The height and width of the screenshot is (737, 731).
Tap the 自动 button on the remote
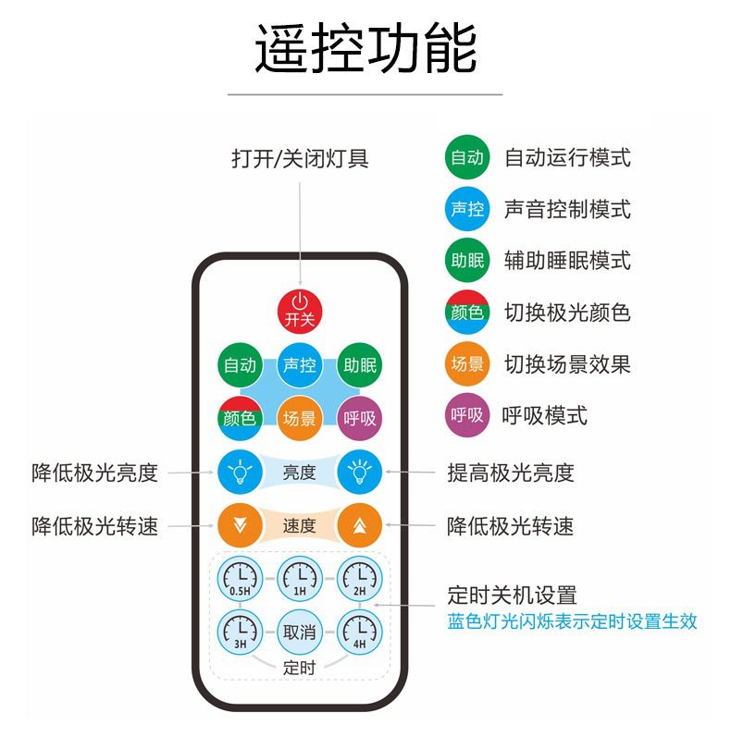coord(240,365)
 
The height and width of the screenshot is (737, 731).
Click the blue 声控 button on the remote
coord(300,365)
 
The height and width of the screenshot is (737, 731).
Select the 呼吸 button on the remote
coord(359,418)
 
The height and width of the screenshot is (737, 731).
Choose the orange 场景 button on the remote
coord(300,418)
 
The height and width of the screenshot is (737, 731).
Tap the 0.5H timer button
coord(240,581)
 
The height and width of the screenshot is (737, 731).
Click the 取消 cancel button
coord(300,633)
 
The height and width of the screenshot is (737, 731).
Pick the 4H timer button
coord(359,633)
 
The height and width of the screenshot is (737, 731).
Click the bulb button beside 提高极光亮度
coord(359,473)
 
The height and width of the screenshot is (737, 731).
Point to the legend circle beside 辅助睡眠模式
coord(467,261)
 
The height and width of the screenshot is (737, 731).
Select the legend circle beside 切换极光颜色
coord(467,313)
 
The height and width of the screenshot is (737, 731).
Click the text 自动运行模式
coord(567,157)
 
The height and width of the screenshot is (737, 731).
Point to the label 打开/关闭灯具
coord(300,158)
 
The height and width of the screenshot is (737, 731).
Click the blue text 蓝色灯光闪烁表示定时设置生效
coord(572,621)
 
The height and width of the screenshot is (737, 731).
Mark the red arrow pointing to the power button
coord(300,231)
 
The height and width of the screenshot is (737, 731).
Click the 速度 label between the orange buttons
coord(300,526)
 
